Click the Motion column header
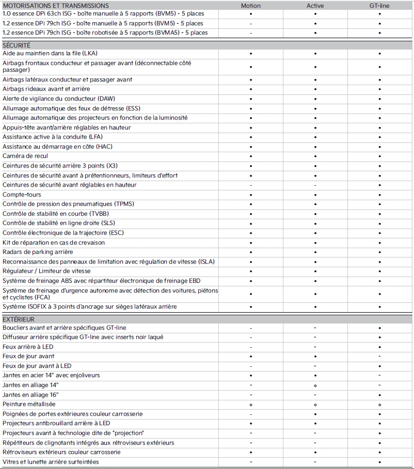click(x=251, y=6)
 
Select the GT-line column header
click(x=379, y=6)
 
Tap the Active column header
click(x=315, y=6)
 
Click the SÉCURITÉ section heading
click(x=17, y=45)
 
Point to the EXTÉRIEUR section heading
click(x=19, y=319)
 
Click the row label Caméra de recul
click(x=26, y=156)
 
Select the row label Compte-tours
click(x=22, y=195)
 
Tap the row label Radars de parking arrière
click(x=38, y=252)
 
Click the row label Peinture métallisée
click(x=29, y=404)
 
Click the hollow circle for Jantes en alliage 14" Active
click(x=315, y=385)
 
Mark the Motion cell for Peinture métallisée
click(x=251, y=405)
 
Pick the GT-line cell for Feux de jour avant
click(x=379, y=357)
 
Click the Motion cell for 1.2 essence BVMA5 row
click(x=251, y=33)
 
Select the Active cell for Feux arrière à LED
click(x=315, y=347)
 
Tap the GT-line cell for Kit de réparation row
click(x=379, y=242)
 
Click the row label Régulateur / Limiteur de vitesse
click(x=46, y=271)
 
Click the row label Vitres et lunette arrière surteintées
click(x=51, y=462)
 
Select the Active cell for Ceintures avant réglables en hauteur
click(x=315, y=185)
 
